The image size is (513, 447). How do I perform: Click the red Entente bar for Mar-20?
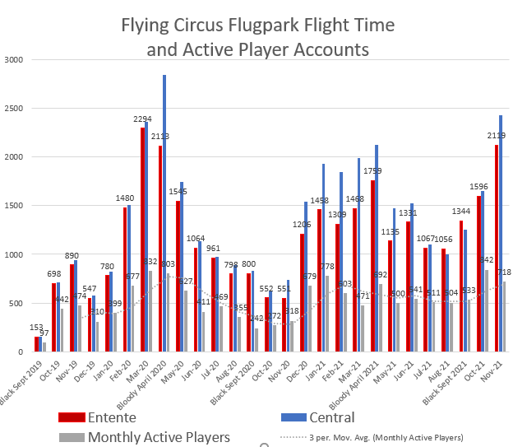pos(142,239)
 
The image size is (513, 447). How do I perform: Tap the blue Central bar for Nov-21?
pos(501,235)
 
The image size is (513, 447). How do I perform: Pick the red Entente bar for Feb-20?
pos(125,280)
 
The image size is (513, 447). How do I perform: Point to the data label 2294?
pos(142,119)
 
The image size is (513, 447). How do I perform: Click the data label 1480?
pos(125,198)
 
